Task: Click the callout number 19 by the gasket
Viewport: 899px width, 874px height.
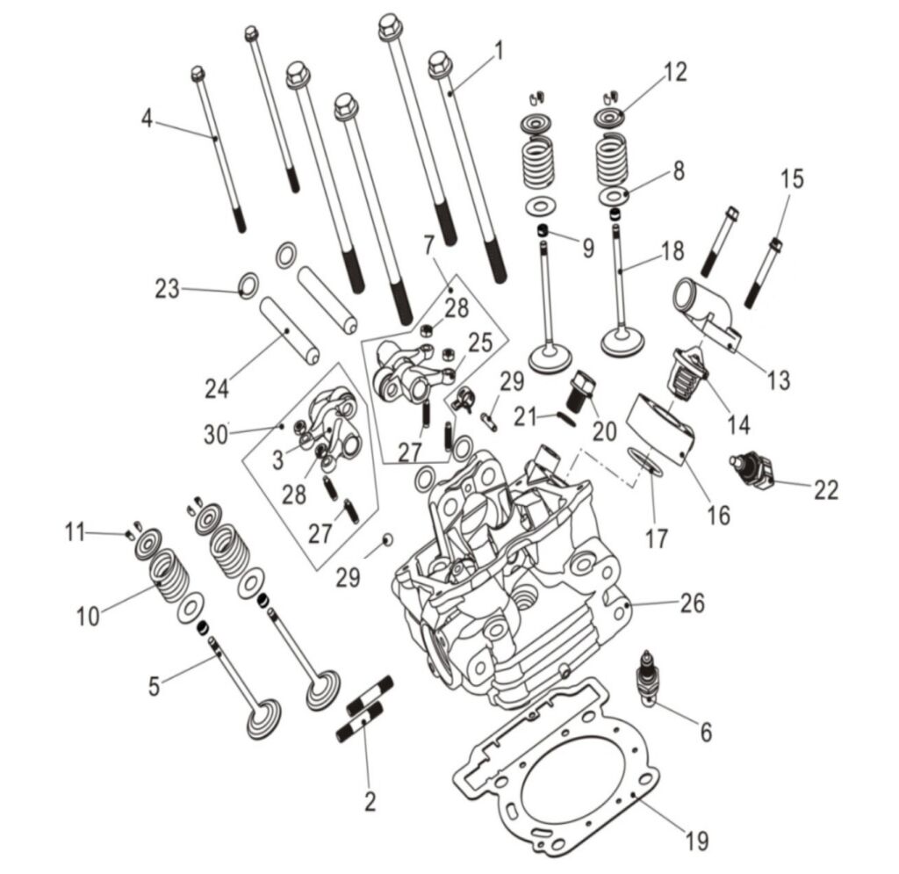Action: pyautogui.click(x=696, y=841)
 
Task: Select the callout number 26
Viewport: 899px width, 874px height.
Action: pyautogui.click(x=692, y=603)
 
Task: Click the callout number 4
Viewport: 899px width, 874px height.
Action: pyautogui.click(x=147, y=119)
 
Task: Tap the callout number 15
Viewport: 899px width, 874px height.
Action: pyautogui.click(x=791, y=179)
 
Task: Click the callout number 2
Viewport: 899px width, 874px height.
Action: pyautogui.click(x=370, y=800)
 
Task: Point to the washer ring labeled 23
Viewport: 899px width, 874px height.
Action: pyautogui.click(x=248, y=285)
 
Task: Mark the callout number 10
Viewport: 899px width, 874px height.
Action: pyautogui.click(x=87, y=616)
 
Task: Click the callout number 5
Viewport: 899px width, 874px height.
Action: pyautogui.click(x=155, y=684)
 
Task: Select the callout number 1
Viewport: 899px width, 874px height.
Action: pyautogui.click(x=498, y=51)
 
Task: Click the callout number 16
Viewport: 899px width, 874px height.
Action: pyautogui.click(x=718, y=514)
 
